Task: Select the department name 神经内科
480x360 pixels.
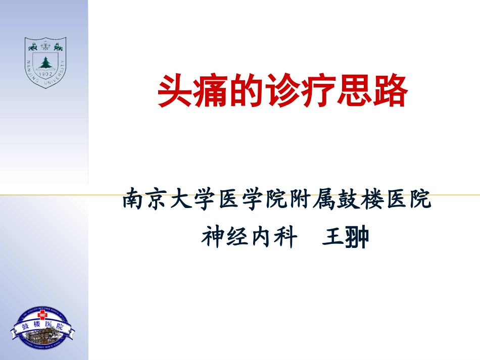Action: pyautogui.click(x=249, y=236)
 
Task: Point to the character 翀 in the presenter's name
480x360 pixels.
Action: pyautogui.click(x=357, y=236)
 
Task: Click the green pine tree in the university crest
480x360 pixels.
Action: pyautogui.click(x=45, y=63)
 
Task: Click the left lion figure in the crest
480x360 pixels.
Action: pyautogui.click(x=33, y=47)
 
